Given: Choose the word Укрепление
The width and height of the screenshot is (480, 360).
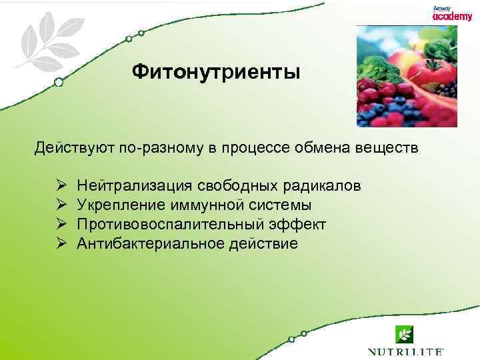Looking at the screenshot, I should click(117, 205).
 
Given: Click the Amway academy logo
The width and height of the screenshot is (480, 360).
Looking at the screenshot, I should click(451, 14).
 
